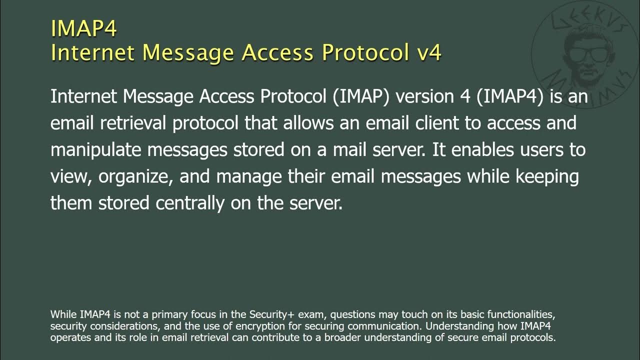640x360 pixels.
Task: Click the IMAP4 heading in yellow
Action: coord(83,28)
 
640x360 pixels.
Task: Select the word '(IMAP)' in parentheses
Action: coord(360,96)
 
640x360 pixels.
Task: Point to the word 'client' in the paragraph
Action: coord(433,123)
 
